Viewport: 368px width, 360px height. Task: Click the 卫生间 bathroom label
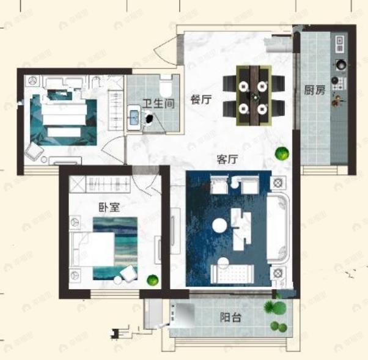pos(159,103)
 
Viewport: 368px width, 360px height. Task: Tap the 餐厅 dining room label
pos(201,100)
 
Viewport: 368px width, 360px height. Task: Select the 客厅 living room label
pos(227,160)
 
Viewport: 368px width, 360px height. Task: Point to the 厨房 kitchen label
pos(315,90)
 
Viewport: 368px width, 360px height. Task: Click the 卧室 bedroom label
pos(109,207)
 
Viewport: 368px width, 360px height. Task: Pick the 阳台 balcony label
pos(230,318)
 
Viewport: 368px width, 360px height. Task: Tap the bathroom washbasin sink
pos(134,118)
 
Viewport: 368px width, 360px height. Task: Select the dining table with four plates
pos(254,95)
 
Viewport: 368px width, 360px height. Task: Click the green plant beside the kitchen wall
pos(282,153)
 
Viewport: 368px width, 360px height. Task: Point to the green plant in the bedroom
pos(153,280)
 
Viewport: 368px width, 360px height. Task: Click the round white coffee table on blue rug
pos(219,225)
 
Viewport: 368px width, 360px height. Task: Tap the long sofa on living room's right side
pos(278,229)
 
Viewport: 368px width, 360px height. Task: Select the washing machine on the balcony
pos(183,315)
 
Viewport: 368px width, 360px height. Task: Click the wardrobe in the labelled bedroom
pos(100,184)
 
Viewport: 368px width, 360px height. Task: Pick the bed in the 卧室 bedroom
pos(93,249)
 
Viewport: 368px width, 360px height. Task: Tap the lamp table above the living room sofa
pos(278,182)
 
